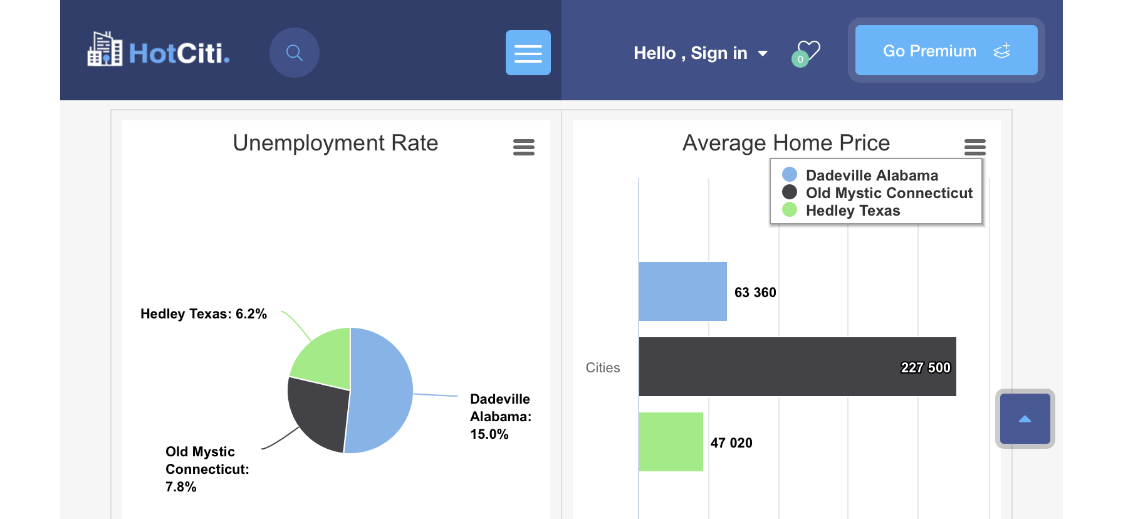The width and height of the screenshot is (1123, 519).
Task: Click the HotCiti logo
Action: (159, 50)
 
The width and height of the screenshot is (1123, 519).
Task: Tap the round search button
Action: (295, 53)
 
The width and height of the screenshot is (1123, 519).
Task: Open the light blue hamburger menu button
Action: (528, 53)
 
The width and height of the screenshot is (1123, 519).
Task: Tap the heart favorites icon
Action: (807, 52)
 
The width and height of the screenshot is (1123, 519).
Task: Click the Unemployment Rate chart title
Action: (335, 143)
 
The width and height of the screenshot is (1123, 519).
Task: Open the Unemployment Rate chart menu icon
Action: (524, 147)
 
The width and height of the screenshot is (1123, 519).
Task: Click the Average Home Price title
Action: (786, 143)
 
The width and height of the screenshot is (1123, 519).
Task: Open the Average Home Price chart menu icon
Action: (975, 147)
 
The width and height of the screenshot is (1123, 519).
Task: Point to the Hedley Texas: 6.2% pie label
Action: (204, 314)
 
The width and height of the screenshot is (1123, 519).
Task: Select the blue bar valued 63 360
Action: (682, 291)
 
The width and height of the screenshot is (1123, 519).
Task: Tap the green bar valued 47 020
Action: (671, 442)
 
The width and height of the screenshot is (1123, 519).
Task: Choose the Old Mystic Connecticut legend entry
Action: (889, 193)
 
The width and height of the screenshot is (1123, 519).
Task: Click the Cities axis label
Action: (603, 368)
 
